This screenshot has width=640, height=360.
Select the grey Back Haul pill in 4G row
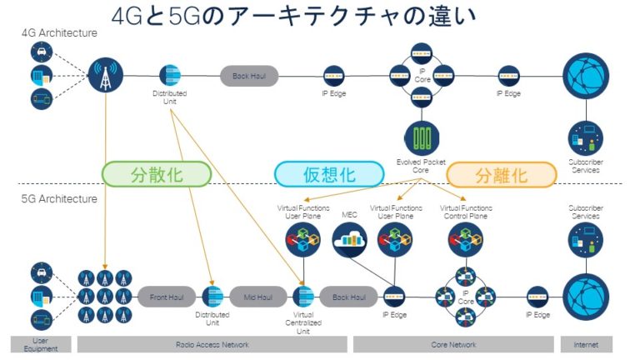tap(248, 76)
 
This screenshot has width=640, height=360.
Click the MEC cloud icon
tap(350, 242)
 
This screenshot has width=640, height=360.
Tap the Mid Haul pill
tap(257, 296)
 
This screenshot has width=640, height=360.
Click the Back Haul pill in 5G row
tap(348, 296)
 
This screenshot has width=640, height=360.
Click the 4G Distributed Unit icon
tap(169, 75)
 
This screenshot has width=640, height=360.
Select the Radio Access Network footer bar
tap(212, 344)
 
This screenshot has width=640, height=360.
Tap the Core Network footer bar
tap(454, 344)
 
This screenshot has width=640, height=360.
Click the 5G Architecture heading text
tap(59, 199)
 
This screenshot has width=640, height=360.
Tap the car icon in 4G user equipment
tap(40, 52)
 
